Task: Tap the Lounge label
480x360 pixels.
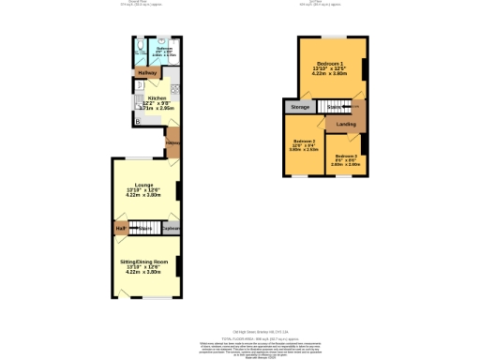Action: [144, 185]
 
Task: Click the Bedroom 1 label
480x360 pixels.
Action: [328, 63]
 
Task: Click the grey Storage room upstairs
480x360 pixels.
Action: [300, 107]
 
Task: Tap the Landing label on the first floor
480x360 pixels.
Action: [346, 123]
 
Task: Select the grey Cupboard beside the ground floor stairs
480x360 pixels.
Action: [172, 228]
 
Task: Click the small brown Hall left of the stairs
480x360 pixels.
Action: [121, 228]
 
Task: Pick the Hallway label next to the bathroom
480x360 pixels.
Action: [147, 72]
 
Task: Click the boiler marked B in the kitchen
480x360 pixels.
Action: [138, 121]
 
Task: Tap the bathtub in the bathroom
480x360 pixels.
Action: [162, 52]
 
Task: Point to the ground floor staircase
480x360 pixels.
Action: [143, 228]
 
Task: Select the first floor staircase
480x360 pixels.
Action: [335, 107]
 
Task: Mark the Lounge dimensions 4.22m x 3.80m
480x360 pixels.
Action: [144, 195]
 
